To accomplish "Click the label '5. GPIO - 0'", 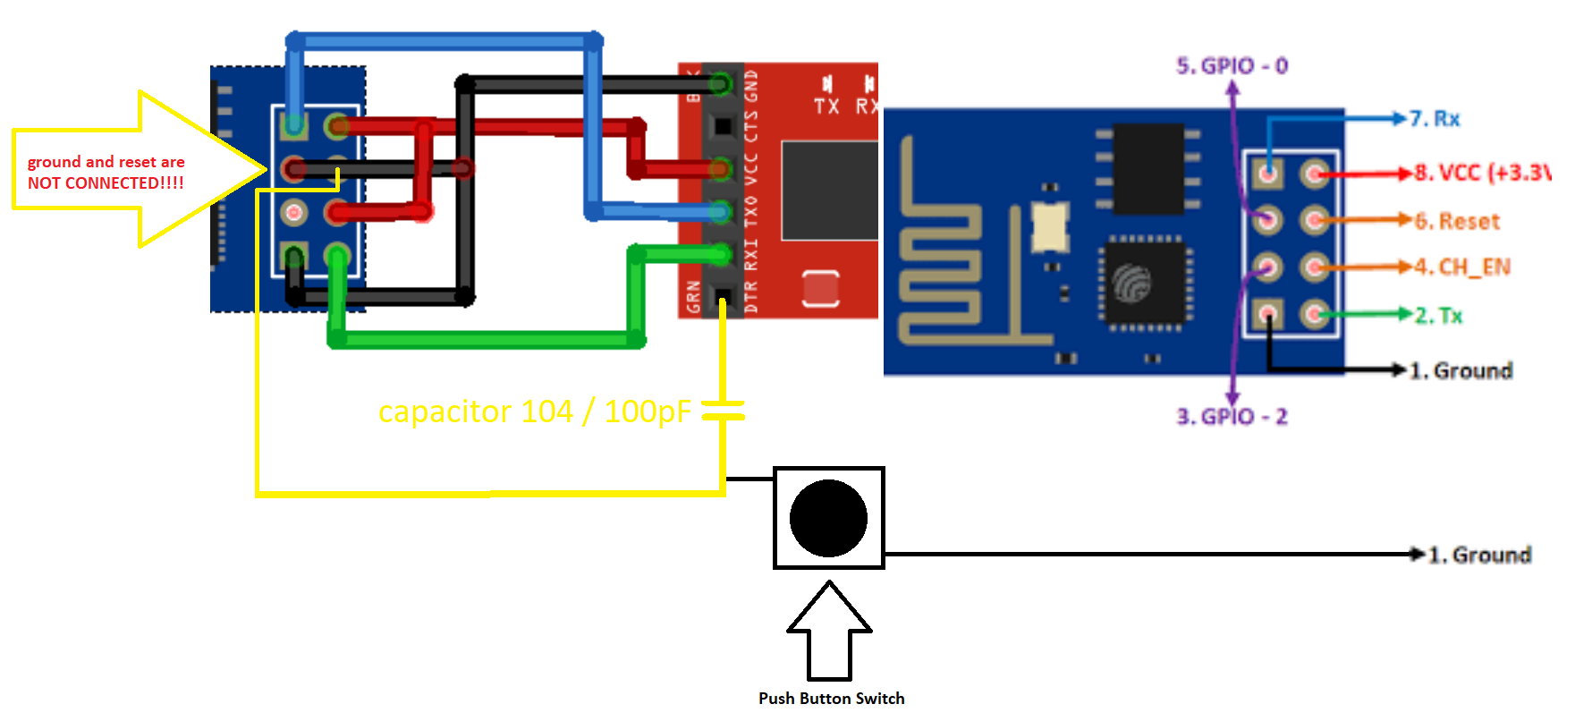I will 1232,65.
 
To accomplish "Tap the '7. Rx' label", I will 1435,118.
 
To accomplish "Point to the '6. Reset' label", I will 1457,221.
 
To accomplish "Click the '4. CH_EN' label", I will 1461,267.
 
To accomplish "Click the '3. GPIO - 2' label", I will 1232,417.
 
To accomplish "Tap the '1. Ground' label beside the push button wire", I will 1479,555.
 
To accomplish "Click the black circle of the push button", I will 828,518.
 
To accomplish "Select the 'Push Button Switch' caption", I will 831,699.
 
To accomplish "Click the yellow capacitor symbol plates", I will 723,411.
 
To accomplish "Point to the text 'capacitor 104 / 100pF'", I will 534,411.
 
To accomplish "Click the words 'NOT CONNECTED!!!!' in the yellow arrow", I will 106,183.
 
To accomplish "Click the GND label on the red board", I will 751,85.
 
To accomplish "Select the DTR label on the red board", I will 751,297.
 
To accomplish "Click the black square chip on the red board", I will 829,190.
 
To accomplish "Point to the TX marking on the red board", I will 826,106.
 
